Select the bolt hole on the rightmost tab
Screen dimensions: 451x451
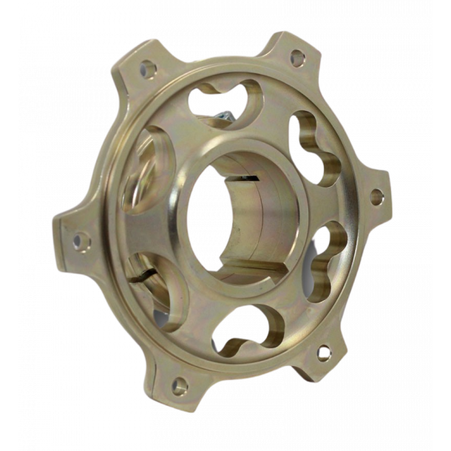tap(375, 196)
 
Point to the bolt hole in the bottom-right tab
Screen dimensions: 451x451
tap(322, 352)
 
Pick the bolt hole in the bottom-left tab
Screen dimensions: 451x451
tap(178, 383)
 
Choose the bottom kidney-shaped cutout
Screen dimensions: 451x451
tap(248, 333)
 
